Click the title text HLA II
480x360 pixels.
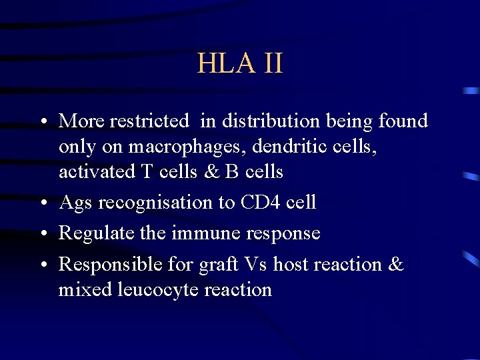[x=240, y=63]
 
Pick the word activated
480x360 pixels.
[x=97, y=172]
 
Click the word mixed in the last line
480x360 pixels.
[x=77, y=290]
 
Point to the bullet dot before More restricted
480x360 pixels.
[x=42, y=123]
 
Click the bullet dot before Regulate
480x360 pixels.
[x=42, y=235]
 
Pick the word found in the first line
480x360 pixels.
[x=403, y=121]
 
